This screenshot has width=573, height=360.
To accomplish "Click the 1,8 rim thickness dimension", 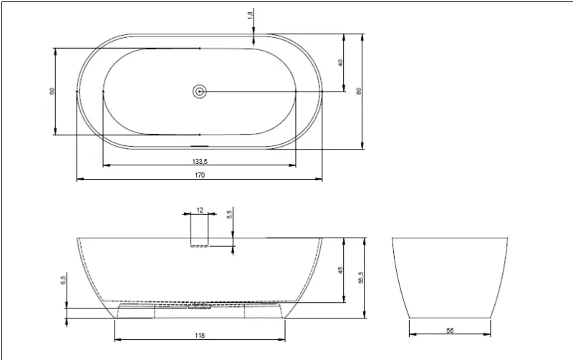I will click(x=251, y=15).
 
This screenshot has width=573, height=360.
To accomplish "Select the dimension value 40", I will click(x=342, y=62).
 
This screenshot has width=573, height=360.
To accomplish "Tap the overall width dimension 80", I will click(x=360, y=90).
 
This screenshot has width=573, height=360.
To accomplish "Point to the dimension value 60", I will click(x=52, y=91).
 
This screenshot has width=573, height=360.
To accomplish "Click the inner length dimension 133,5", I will click(x=200, y=161).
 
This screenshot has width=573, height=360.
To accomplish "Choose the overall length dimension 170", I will click(x=200, y=175).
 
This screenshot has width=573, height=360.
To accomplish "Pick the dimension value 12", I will click(x=200, y=210).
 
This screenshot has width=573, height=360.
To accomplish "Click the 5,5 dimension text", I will click(x=229, y=214).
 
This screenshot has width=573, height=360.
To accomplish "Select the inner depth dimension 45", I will click(x=342, y=270).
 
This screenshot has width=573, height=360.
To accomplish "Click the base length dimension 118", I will click(x=200, y=334).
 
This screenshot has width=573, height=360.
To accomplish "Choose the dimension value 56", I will click(x=451, y=330).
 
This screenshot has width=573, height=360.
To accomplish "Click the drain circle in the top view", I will click(x=199, y=91).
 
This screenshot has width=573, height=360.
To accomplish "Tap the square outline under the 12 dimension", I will click(x=199, y=230).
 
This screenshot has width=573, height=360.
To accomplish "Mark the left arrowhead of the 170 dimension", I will click(x=80, y=179).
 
